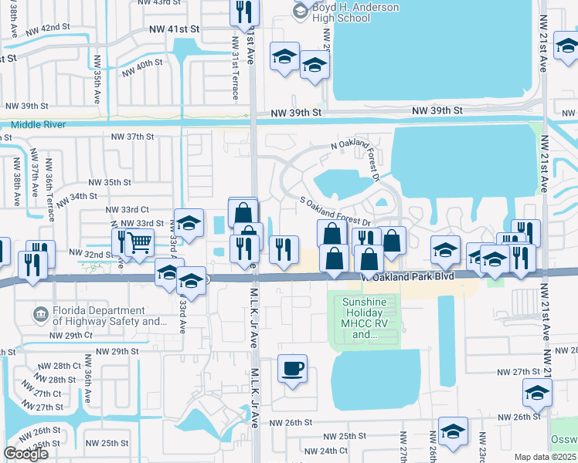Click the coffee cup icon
[x=292, y=368]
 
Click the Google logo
[x=25, y=454]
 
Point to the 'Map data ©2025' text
[x=546, y=457]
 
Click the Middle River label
[x=38, y=124]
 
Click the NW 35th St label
[x=110, y=182]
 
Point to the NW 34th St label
[x=87, y=197]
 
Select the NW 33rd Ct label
[x=127, y=209]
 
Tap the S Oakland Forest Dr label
[x=336, y=211]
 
